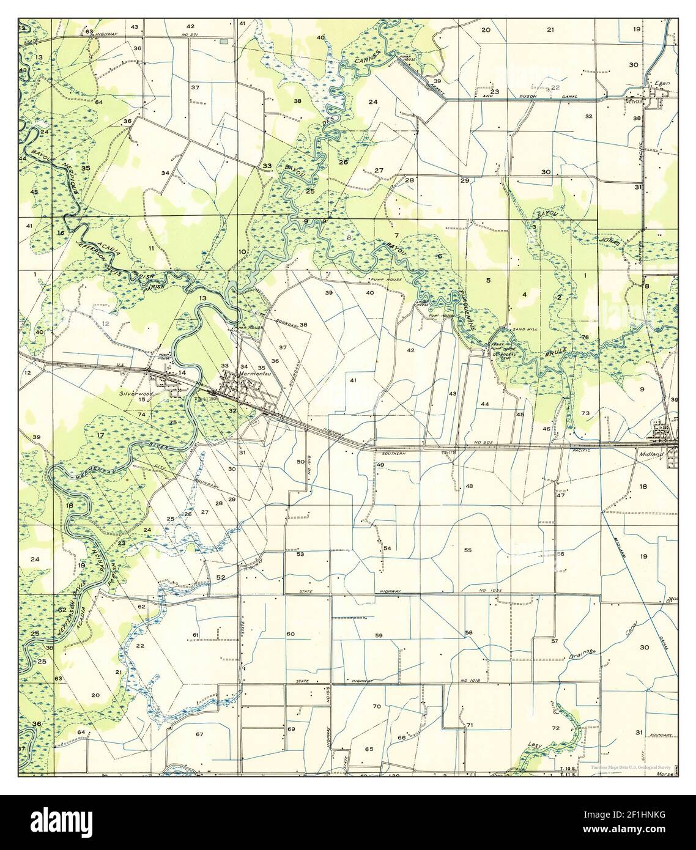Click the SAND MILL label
tap(525, 328)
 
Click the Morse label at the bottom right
tap(664, 774)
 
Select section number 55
tap(468, 550)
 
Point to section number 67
tap(199, 733)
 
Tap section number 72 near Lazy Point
tap(555, 728)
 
